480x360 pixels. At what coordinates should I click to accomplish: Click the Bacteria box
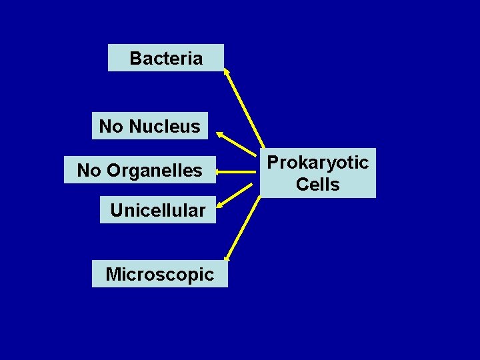[x=165, y=58]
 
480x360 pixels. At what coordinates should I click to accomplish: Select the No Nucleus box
[x=149, y=126]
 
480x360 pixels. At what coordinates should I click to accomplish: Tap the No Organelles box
[x=139, y=171]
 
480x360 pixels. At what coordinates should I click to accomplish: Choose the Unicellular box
[x=157, y=211]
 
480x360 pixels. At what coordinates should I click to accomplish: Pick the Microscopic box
[x=159, y=274]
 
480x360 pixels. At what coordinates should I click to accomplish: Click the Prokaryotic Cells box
[x=318, y=173]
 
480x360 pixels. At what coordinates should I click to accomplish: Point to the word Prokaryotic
[x=318, y=163]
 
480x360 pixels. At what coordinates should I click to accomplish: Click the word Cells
[x=318, y=184]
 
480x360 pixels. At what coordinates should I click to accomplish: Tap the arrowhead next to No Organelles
[x=219, y=172]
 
